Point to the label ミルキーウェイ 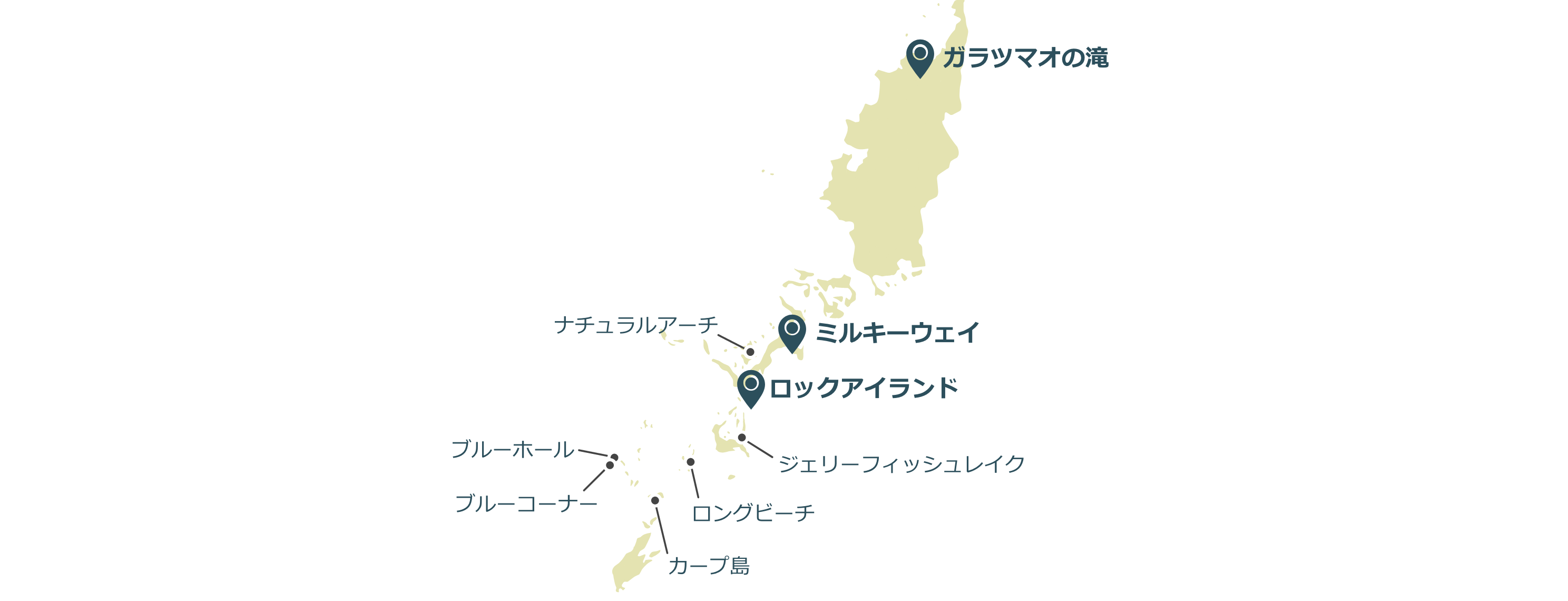(897, 333)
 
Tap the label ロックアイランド (864, 388)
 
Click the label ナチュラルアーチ (636, 325)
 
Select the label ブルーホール (513, 449)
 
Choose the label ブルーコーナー (526, 503)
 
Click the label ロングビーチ (753, 513)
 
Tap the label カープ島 (709, 566)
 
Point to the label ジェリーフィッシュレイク (901, 464)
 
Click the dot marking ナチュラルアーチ (750, 352)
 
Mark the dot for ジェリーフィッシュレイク (741, 438)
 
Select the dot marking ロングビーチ (690, 462)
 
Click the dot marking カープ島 (655, 500)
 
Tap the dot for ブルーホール (614, 457)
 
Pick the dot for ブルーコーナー (609, 465)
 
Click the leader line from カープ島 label (662, 530)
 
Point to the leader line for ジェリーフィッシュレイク (760, 449)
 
